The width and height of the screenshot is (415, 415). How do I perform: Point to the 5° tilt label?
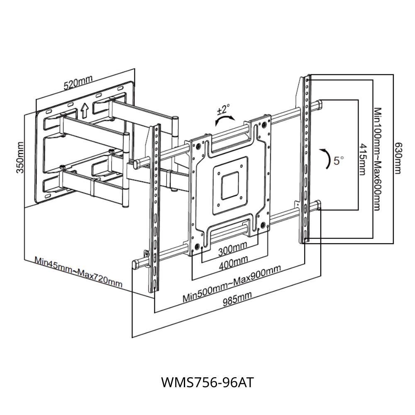[x=339, y=161]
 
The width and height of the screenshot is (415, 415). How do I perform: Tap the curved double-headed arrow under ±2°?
[x=224, y=121]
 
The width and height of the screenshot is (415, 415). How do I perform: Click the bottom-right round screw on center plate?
[x=263, y=225]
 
